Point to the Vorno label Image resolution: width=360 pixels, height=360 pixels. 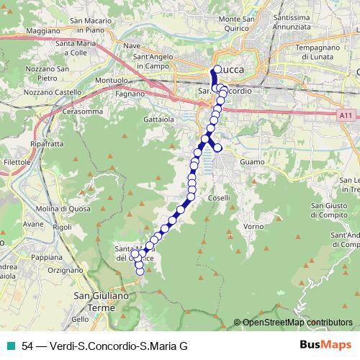tap(253, 226)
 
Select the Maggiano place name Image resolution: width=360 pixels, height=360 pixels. tap(41, 32)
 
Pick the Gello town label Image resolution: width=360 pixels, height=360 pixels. tap(80, 318)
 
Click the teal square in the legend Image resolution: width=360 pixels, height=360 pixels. tap(9, 346)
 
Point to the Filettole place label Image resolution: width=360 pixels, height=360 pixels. tap(15, 163)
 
